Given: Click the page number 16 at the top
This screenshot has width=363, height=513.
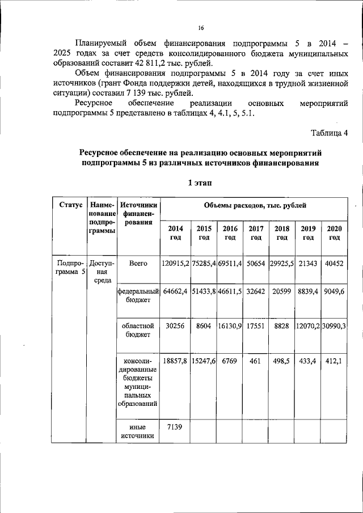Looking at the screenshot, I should pyautogui.click(x=201, y=28).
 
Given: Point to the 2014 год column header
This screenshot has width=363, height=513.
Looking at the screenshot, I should pyautogui.click(x=175, y=232).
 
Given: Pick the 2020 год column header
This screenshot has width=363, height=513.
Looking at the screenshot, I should pyautogui.click(x=335, y=232).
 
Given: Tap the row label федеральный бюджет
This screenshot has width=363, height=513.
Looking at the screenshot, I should pyautogui.click(x=138, y=295).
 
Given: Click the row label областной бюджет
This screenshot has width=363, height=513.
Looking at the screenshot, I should pyautogui.click(x=138, y=330).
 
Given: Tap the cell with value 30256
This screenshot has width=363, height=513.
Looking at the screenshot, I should pyautogui.click(x=175, y=327).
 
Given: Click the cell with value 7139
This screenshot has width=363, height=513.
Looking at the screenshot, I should pyautogui.click(x=175, y=427).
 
